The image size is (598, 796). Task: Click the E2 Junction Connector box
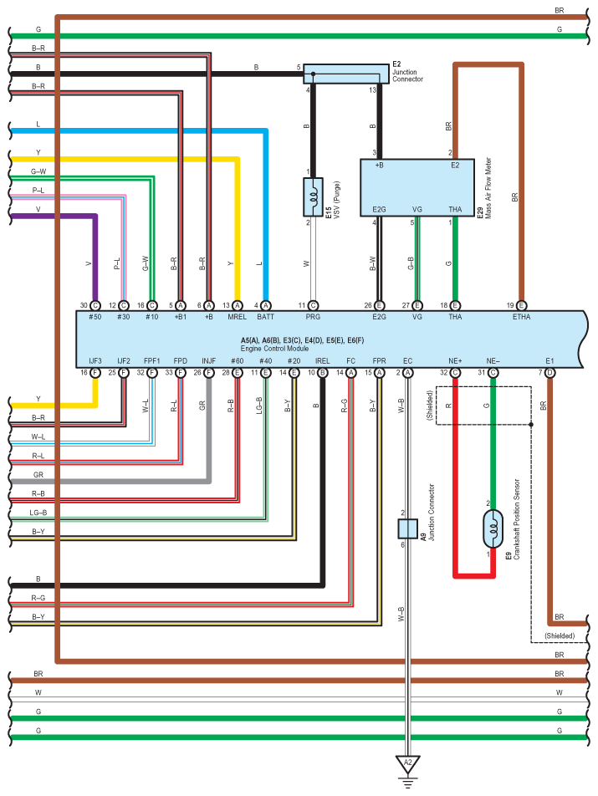tap(346, 74)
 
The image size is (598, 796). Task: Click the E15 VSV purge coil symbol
tap(313, 197)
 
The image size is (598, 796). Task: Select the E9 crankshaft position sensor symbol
tap(493, 529)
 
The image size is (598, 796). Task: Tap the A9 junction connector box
tap(407, 529)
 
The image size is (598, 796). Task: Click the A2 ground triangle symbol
tap(407, 764)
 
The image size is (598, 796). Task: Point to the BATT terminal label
tap(265, 317)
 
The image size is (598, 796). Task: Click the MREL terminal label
tap(237, 317)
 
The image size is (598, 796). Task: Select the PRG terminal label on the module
tap(313, 317)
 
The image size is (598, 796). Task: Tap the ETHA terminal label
tap(521, 317)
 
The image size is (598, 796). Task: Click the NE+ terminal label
tap(455, 361)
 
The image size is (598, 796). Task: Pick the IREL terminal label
tap(322, 361)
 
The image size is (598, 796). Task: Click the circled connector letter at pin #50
tap(95, 306)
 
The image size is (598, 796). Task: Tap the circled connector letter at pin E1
tap(549, 373)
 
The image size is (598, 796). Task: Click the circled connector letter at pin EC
tap(407, 373)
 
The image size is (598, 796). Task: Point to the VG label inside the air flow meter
tap(417, 209)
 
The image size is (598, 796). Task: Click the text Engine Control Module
tap(274, 349)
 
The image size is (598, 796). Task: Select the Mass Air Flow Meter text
tap(488, 188)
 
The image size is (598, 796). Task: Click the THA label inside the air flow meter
tap(455, 209)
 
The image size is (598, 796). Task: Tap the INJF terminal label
tap(208, 361)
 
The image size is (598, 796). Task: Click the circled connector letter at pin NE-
tap(493, 373)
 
